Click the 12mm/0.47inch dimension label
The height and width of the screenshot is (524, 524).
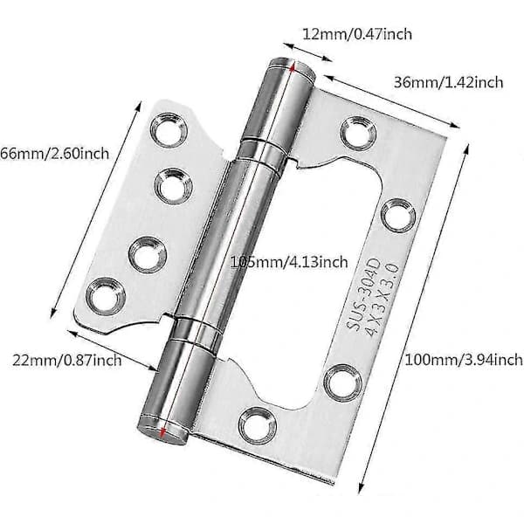tap(357, 34)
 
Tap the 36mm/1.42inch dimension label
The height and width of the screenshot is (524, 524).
tap(448, 83)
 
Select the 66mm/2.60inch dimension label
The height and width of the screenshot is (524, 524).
tap(54, 154)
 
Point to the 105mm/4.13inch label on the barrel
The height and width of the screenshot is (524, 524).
tap(289, 262)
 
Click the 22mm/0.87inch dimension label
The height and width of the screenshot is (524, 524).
tap(67, 361)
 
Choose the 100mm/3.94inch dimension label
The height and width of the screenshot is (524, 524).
tap(464, 360)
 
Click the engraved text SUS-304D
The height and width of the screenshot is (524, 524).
tap(363, 294)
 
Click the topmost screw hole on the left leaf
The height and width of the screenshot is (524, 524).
tap(168, 130)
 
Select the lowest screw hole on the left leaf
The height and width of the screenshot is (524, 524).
tap(106, 297)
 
